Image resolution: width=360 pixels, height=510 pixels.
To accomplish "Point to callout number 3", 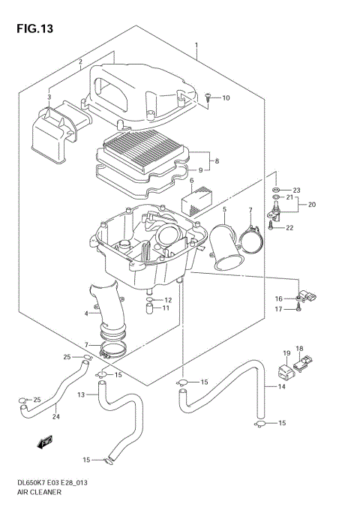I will pyautogui.click(x=49, y=97).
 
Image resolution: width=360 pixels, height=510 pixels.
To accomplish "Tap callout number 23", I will pyautogui.click(x=296, y=190).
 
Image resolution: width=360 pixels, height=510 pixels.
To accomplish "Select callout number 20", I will pyautogui.click(x=311, y=204).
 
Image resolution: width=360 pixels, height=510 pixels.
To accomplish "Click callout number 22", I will pyautogui.click(x=290, y=228).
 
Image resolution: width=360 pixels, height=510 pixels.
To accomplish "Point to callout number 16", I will pyautogui.click(x=277, y=298).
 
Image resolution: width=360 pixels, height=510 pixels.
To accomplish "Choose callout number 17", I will pyautogui.click(x=277, y=309).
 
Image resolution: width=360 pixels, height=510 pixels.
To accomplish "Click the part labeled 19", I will pyautogui.click(x=286, y=370).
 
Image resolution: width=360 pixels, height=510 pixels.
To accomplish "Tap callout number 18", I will pyautogui.click(x=299, y=349).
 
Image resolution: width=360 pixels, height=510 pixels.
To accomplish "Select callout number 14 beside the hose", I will pyautogui.click(x=282, y=388).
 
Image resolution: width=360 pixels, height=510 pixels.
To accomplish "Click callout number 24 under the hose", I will pyautogui.click(x=55, y=417).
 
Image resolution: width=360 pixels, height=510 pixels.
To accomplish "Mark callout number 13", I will pyautogui.click(x=81, y=394).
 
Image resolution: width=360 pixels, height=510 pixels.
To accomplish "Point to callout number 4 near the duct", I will pyautogui.click(x=87, y=313).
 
